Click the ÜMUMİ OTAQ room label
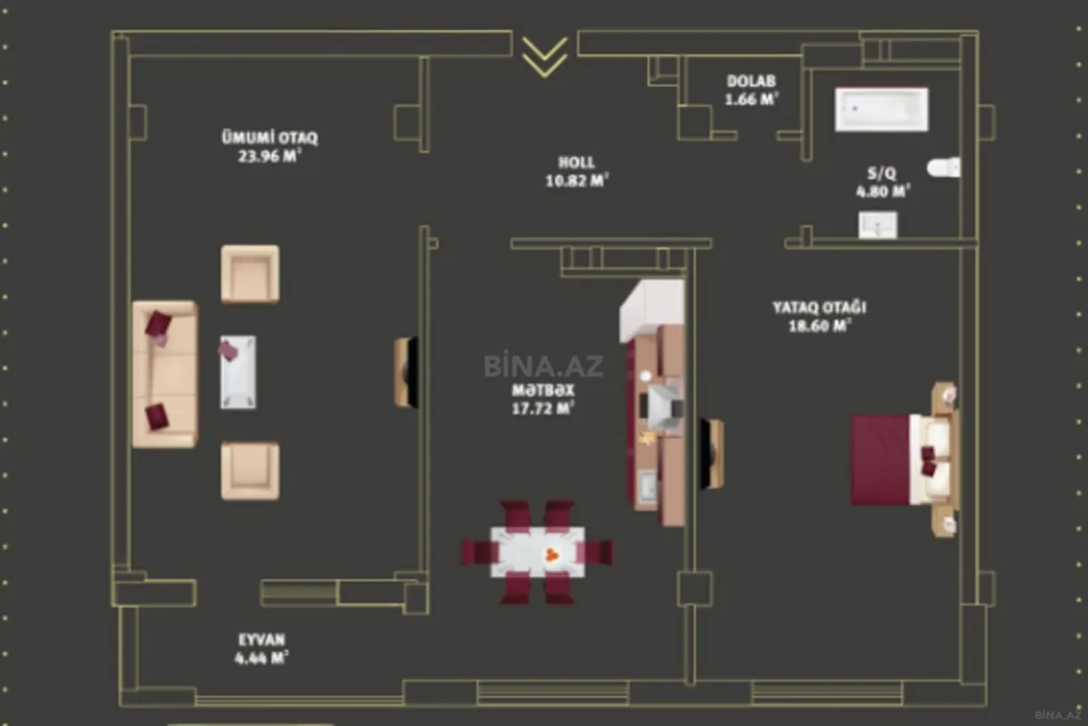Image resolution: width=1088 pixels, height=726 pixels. tap(270, 138)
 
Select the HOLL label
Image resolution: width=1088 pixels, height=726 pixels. tap(576, 162)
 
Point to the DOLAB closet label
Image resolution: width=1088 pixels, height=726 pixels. tap(751, 82)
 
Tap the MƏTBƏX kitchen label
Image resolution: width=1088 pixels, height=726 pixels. tap(543, 390)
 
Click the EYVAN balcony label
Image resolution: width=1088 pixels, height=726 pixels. tap(261, 640)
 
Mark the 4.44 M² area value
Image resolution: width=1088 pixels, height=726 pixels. tap(261, 658)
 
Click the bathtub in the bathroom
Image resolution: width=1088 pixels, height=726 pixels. tap(881, 110)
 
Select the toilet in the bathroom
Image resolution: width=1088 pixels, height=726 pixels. tap(945, 167)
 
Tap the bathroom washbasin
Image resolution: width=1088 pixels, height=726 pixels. tap(877, 224)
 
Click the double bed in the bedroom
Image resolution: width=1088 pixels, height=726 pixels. tap(902, 459)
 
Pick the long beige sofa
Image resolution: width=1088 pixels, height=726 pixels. tap(164, 374)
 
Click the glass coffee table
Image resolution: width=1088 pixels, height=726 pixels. tap(237, 371)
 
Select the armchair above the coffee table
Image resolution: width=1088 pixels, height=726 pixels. tap(250, 273)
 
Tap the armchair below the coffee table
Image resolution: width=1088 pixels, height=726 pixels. tap(250, 470)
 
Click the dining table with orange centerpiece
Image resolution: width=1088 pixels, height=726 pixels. tap(538, 552)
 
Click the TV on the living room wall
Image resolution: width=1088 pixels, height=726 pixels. tap(407, 372)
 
